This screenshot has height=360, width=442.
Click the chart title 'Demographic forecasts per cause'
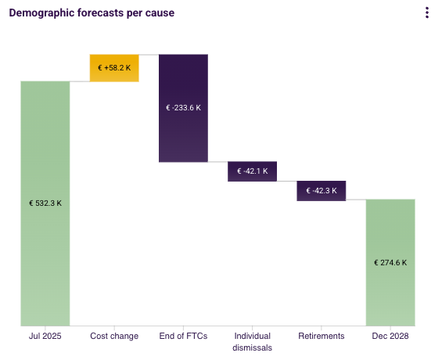tap(92, 13)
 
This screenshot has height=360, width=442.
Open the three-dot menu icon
tap(427, 13)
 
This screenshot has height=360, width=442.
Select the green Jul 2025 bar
tap(45, 203)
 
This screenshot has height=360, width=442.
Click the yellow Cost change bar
tap(114, 68)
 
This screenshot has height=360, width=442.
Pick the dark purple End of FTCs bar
tap(184, 108)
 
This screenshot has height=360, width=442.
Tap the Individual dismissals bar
tap(252, 171)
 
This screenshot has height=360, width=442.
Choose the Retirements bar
tap(322, 191)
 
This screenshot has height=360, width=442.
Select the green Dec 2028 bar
tap(390, 262)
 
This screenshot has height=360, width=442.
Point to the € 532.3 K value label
tap(45, 203)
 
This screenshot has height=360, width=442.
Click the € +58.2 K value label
tap(114, 68)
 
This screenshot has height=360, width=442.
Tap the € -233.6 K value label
tap(184, 108)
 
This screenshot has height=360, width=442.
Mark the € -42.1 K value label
tap(253, 171)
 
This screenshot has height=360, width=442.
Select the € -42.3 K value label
tap(322, 191)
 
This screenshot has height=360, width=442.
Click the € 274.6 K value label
tap(390, 263)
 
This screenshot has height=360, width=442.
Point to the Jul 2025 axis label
tap(45, 336)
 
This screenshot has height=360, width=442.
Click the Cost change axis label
tap(114, 336)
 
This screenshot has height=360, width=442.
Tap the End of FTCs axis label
tap(183, 336)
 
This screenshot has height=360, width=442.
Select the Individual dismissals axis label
tap(252, 342)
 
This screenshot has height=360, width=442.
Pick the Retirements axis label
tap(322, 336)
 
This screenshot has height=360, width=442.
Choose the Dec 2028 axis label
tap(390, 336)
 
